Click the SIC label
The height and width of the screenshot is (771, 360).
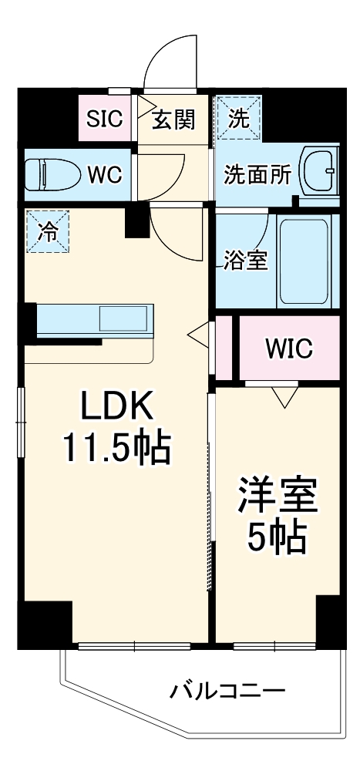tap(104, 119)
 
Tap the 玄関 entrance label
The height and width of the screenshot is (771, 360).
tap(173, 120)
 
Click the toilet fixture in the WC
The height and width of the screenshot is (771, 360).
tap(52, 173)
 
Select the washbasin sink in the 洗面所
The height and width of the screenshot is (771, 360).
tap(321, 170)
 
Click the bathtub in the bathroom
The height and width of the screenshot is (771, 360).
tap(304, 261)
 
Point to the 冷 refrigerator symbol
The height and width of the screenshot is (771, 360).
tap(49, 231)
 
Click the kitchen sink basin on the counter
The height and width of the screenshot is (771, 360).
tap(123, 318)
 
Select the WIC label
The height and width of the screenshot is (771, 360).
tap(288, 348)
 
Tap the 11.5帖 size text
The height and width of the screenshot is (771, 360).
tap(116, 448)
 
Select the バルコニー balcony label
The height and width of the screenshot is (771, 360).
tap(227, 692)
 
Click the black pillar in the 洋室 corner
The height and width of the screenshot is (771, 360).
tap(331, 621)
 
